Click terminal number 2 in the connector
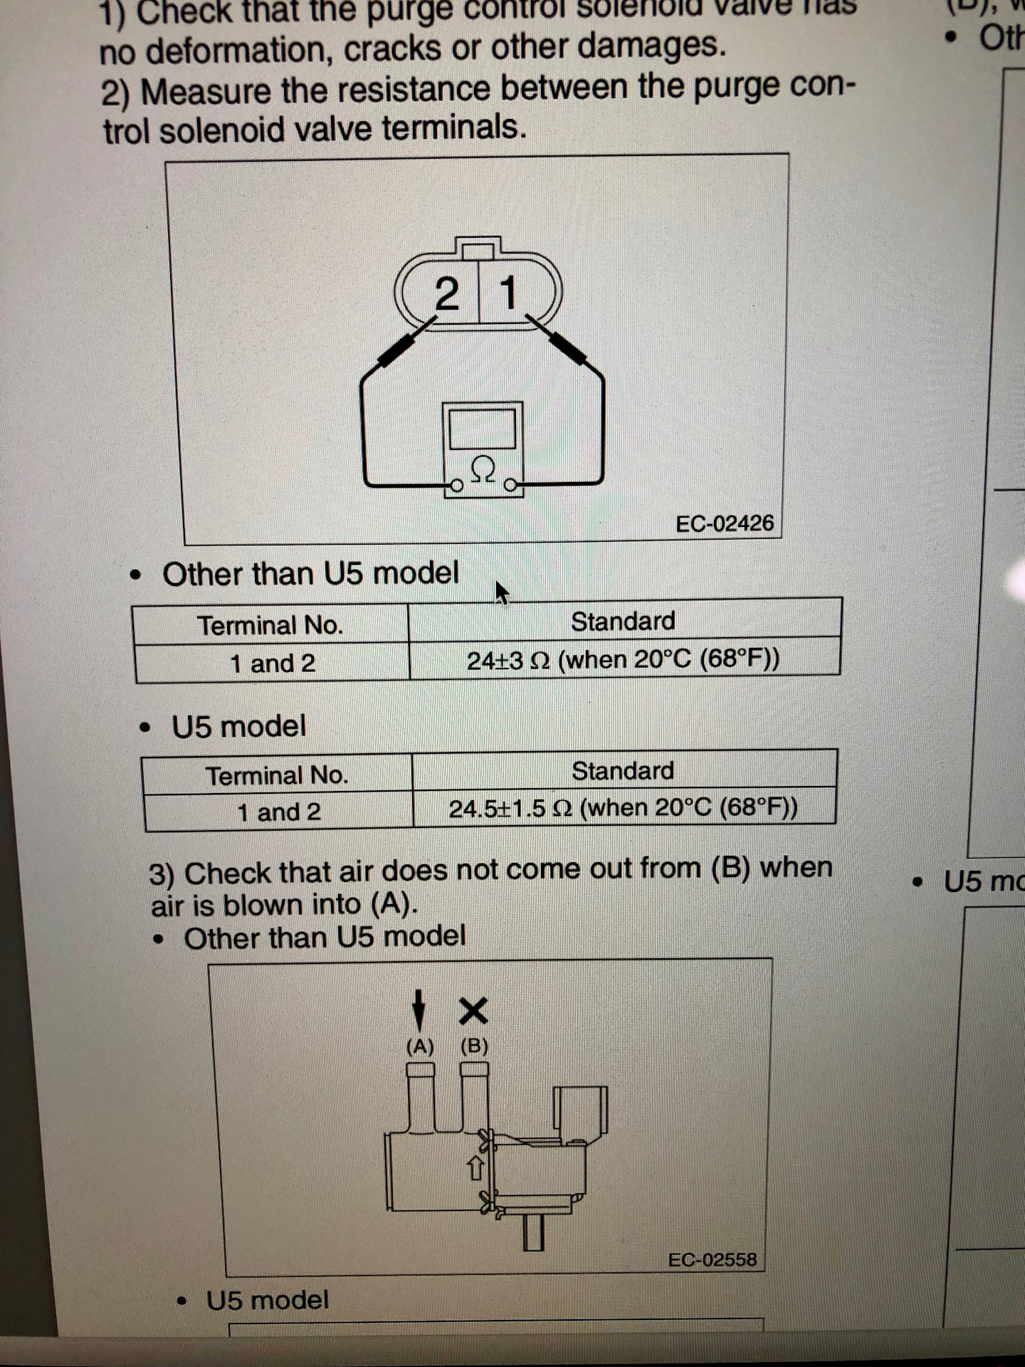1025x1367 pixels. coord(446,294)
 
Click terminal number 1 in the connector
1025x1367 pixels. coord(508,293)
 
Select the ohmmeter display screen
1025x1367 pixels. coord(483,429)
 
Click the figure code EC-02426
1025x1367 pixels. coord(724,524)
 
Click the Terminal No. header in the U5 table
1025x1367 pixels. coord(277,775)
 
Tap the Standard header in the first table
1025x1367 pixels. coord(623,622)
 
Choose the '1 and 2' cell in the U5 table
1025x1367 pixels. coord(278,812)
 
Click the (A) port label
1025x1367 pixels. coord(420,1047)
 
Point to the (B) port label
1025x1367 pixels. coord(474,1046)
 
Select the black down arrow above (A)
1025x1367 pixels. coord(420,1010)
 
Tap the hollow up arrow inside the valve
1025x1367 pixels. coord(475,1168)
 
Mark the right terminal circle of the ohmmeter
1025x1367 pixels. coord(510,486)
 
